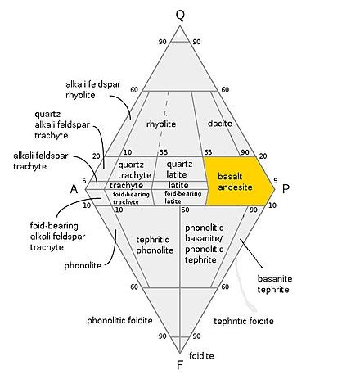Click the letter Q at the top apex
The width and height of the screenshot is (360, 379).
(180, 16)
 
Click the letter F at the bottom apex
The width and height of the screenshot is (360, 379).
(179, 365)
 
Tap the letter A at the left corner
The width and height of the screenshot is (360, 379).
(74, 188)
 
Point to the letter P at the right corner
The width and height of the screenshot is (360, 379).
(286, 188)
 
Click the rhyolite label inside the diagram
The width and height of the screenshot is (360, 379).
(161, 124)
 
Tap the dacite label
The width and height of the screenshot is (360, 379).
(220, 124)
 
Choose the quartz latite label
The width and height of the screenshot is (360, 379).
(179, 169)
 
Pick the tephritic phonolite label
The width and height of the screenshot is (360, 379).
(155, 245)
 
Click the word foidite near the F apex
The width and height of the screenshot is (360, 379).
(201, 355)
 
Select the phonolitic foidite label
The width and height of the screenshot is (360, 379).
(119, 320)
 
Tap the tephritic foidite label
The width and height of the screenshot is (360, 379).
(244, 321)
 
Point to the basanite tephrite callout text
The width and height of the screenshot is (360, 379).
(275, 284)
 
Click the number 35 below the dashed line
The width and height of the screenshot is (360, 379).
(164, 152)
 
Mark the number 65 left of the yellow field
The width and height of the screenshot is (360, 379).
(208, 152)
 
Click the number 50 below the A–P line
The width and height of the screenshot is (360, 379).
(185, 210)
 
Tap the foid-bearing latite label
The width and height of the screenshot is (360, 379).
(183, 197)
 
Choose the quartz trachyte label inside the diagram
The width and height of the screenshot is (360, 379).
(134, 169)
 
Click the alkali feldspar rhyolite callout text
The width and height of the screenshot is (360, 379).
(93, 89)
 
